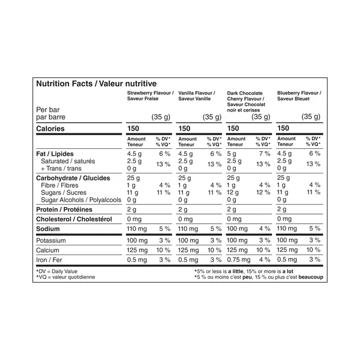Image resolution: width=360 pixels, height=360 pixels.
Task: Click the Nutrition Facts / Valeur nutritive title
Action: [x=97, y=84]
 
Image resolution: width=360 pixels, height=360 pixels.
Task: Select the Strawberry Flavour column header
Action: [x=150, y=96]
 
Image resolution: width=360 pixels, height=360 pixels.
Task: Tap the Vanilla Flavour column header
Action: [x=197, y=96]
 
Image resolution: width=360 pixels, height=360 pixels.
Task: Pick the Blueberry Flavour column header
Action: [x=299, y=96]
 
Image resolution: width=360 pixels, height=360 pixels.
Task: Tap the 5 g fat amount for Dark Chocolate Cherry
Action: [x=232, y=154]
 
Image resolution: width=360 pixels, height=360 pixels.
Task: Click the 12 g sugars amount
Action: [x=234, y=193]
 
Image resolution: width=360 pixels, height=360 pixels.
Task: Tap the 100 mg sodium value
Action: [x=238, y=229]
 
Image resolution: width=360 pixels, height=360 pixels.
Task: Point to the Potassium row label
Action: [x=54, y=240]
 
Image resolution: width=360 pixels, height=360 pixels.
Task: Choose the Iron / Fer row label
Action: [x=50, y=259]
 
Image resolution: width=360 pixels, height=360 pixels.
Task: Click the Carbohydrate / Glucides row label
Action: [x=73, y=178]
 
